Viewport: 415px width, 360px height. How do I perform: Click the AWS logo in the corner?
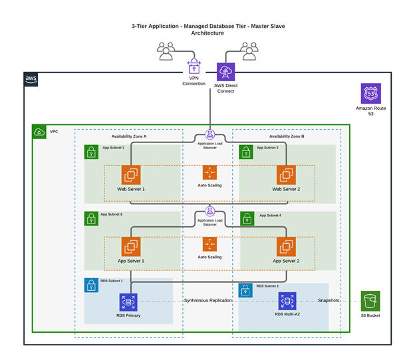[x=31, y=80]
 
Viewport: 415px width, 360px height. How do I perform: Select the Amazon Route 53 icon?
[x=370, y=93]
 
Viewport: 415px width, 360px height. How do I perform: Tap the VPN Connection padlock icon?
[x=194, y=67]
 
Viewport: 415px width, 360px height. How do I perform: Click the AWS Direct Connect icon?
[x=226, y=72]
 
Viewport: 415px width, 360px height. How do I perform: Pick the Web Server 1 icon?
[x=131, y=175]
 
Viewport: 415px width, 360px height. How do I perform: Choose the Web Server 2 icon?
[x=287, y=175]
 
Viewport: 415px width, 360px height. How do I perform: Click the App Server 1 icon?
[x=131, y=247]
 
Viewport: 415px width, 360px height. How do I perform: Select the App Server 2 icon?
[x=287, y=247]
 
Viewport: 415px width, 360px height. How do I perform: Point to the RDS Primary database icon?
[x=128, y=301]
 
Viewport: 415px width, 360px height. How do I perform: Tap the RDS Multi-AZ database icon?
[x=287, y=301]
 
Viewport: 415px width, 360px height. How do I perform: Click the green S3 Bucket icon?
[x=370, y=300]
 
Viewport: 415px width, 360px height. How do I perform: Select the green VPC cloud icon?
[x=40, y=132]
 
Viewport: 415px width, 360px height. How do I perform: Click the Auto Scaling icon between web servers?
[x=209, y=172]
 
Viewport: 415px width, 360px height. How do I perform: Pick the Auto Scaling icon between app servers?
[x=209, y=244]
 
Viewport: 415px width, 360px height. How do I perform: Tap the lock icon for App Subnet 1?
[x=91, y=152]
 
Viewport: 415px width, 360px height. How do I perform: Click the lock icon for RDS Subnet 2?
[x=245, y=290]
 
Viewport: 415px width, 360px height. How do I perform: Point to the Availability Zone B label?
[x=287, y=136]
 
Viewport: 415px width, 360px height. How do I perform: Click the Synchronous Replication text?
[x=209, y=301]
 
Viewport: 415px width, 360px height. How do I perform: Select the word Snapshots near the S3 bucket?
[x=329, y=301]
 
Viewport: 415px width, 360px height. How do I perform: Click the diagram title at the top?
[x=207, y=29]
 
